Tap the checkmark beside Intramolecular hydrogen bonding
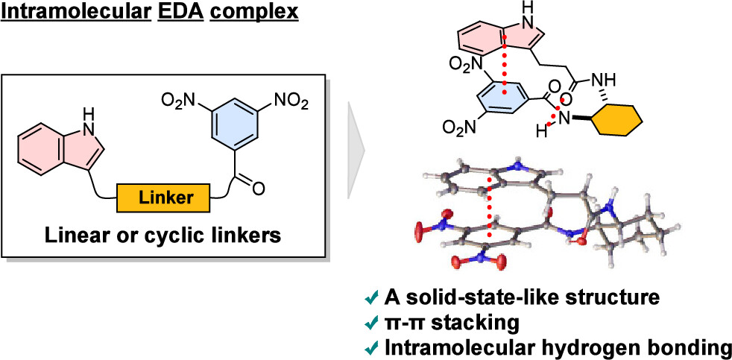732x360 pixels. click(375, 347)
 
